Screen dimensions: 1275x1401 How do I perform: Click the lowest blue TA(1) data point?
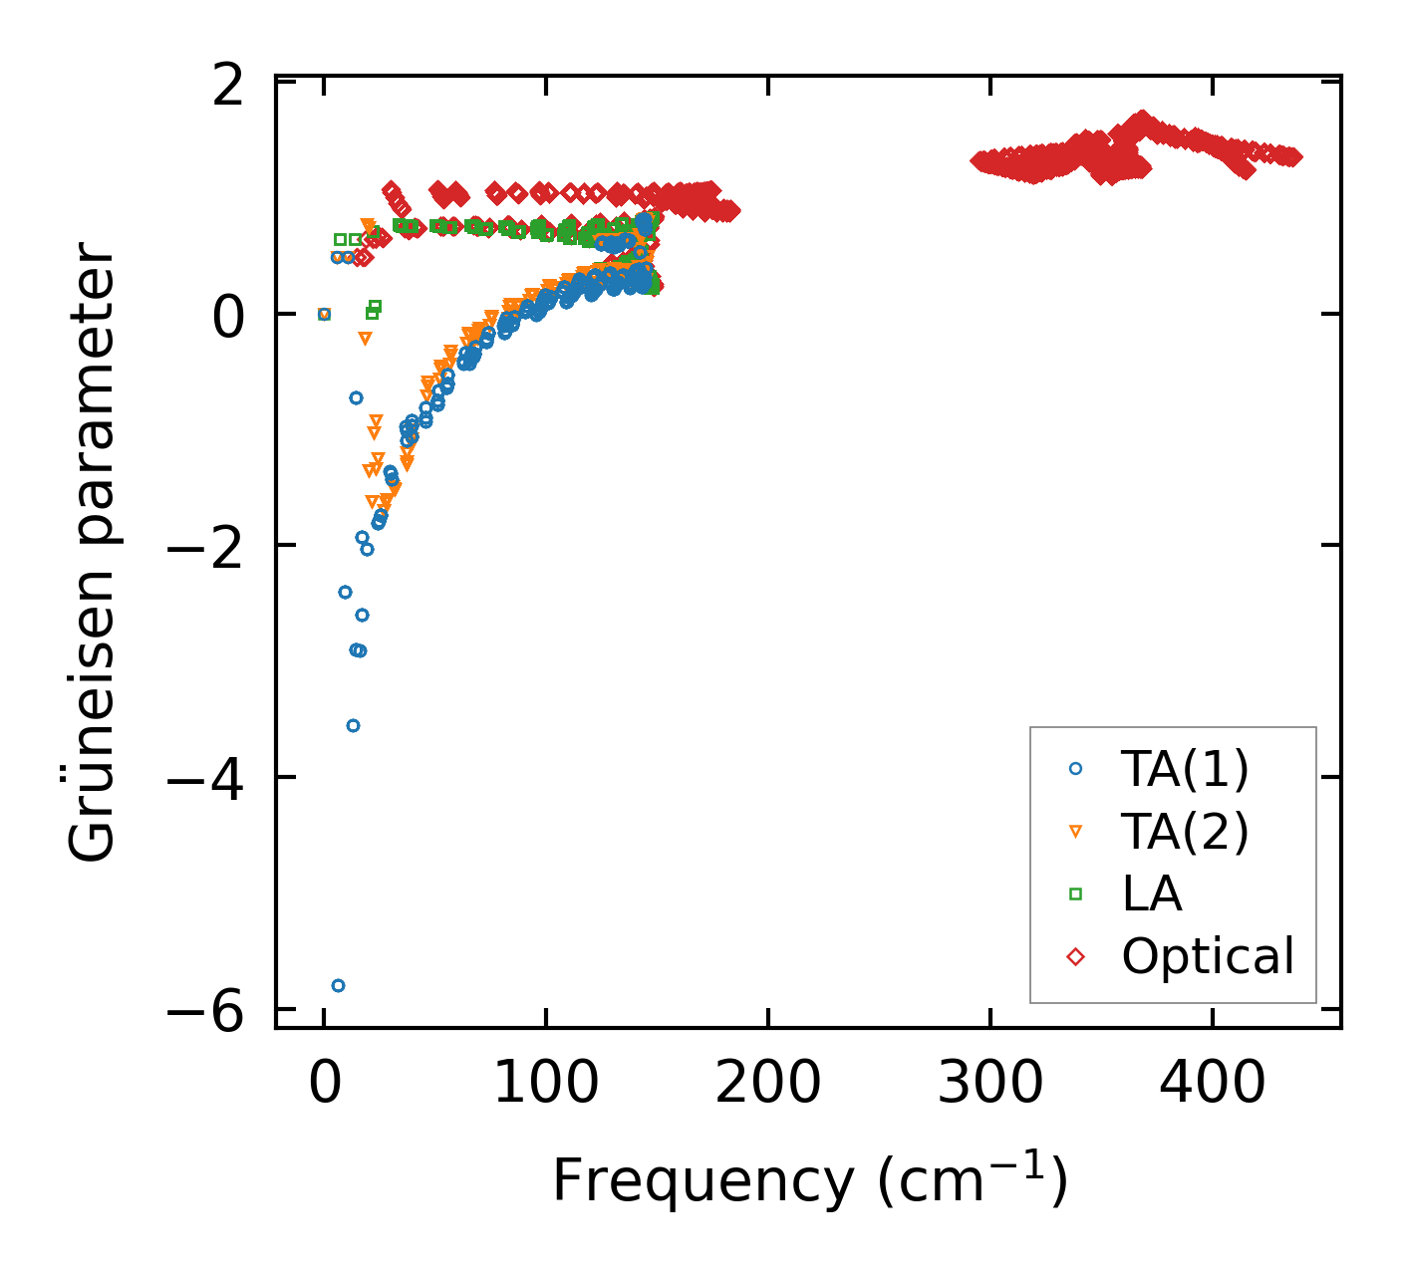338,985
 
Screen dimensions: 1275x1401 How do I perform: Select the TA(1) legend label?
1184,768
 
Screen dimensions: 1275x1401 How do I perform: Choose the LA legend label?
1151,893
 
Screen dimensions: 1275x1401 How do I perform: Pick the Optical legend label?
1208,956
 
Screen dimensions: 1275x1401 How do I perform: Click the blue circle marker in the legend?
1075,768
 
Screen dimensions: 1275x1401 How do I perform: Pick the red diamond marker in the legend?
1075,956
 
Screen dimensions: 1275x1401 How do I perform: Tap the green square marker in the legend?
1075,893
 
